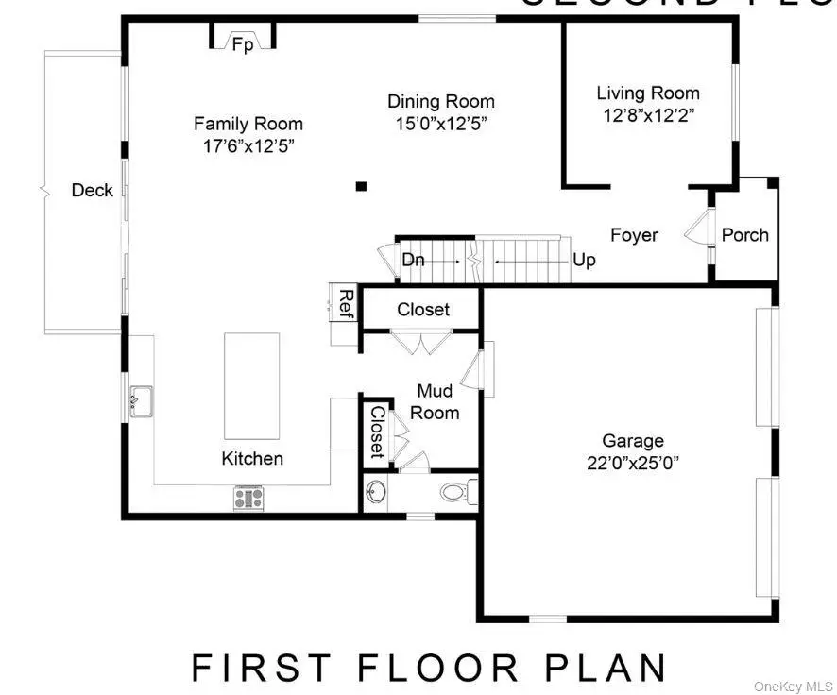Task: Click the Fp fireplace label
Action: point(243,44)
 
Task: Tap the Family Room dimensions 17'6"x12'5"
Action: point(248,146)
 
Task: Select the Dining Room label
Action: point(441,101)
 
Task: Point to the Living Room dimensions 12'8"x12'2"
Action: point(648,115)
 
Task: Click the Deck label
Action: point(93,190)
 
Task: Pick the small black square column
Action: point(361,186)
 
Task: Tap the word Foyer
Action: point(634,235)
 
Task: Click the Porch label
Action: point(745,235)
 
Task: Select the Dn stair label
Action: point(413,260)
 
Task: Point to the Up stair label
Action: point(585,260)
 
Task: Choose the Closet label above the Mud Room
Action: point(423,310)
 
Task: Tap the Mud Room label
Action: point(436,401)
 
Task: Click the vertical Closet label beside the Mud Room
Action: point(377,432)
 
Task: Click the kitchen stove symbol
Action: point(248,498)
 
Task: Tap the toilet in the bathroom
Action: point(457,491)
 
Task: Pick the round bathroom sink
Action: point(377,492)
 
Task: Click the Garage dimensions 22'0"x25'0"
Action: point(633,463)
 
